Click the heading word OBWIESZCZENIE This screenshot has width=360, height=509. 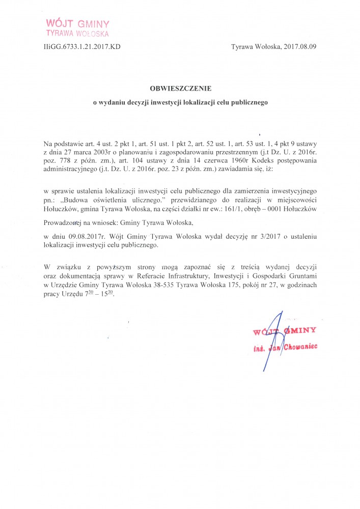point(180,88)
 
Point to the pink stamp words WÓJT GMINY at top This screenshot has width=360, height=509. point(77,23)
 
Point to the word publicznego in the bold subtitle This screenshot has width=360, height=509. point(247,102)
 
